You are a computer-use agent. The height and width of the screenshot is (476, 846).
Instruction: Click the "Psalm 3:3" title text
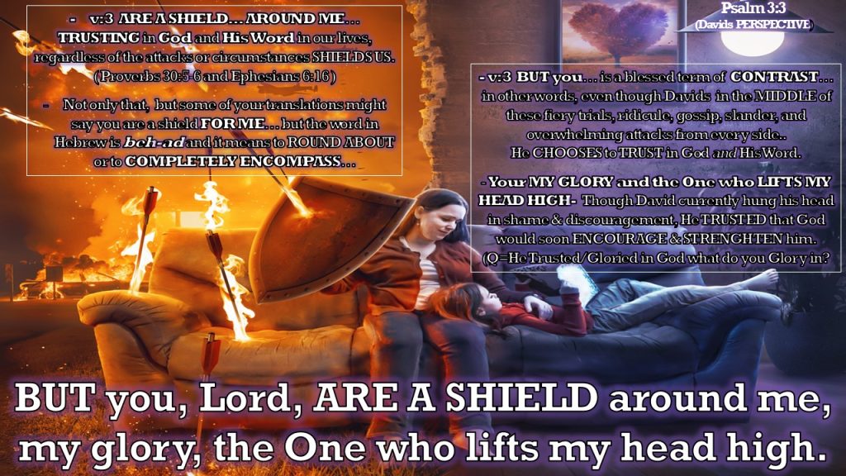(753, 8)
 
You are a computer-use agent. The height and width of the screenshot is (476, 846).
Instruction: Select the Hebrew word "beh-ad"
(154, 142)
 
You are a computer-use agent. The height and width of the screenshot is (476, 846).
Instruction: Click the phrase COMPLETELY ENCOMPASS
(233, 161)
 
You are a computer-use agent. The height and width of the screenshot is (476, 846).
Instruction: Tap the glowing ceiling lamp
(760, 41)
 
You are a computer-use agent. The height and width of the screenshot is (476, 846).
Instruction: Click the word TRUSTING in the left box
(99, 38)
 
